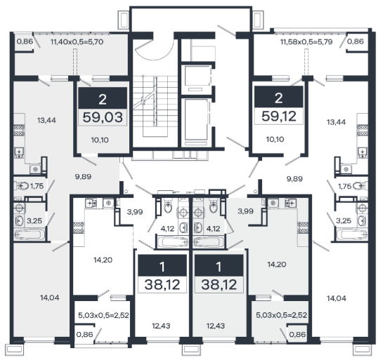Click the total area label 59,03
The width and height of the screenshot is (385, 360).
103,117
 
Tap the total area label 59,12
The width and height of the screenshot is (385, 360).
279,116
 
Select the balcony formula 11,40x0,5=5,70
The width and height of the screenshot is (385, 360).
77,42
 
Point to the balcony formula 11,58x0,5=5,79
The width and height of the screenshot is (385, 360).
306,42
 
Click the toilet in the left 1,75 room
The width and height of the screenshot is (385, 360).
22,186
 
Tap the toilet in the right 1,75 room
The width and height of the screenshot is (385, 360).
359,186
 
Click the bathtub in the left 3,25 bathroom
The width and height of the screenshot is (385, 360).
30,234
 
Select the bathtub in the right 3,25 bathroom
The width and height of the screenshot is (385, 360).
352,234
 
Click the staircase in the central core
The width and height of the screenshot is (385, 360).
155,106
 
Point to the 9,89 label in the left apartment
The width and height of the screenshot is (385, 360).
83,177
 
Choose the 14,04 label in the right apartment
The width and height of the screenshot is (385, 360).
337,298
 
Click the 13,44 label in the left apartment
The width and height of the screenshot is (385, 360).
46,121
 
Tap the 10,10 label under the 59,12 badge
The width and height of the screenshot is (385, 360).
275,139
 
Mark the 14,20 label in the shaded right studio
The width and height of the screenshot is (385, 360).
277,265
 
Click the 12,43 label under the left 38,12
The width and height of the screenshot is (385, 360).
161,326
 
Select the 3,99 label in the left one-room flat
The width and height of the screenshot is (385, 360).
135,212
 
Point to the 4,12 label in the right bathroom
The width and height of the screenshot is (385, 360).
213,229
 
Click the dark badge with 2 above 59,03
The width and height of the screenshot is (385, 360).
103,98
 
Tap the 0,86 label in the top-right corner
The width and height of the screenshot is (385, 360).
355,41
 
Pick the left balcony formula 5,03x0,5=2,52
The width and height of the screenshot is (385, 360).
103,315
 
